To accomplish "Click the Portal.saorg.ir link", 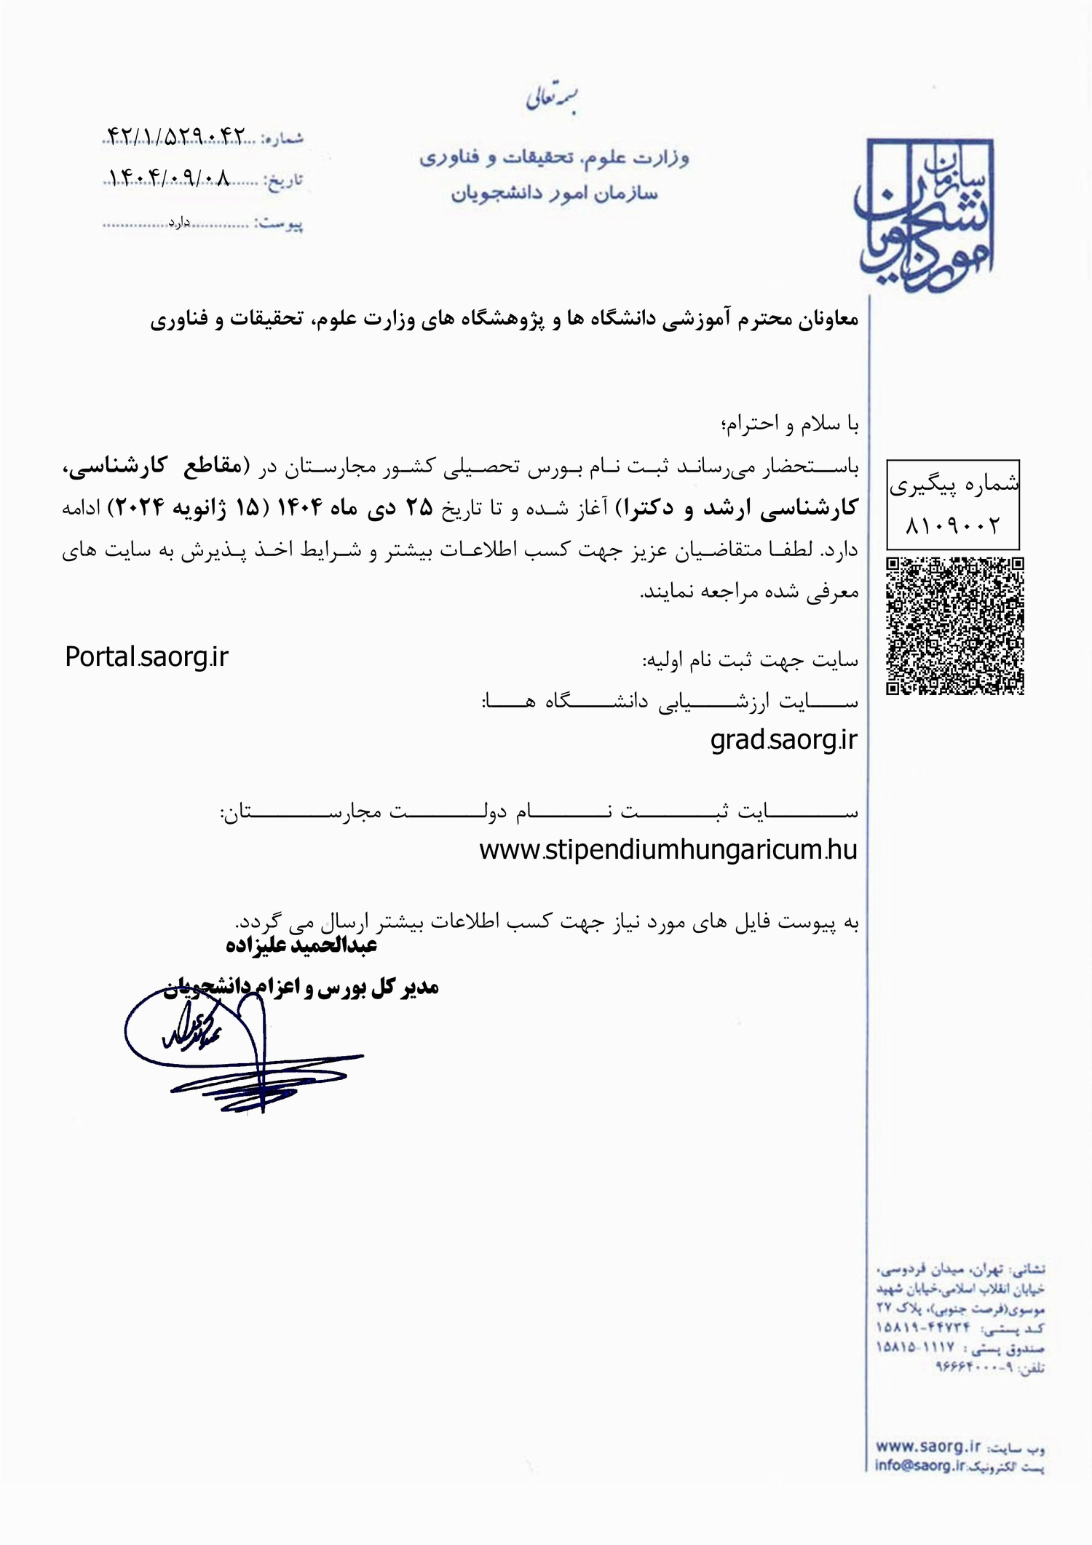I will [146, 657].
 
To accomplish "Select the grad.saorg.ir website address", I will [783, 740].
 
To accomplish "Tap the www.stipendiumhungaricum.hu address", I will [668, 849].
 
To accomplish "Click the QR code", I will [954, 625].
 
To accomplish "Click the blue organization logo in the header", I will [925, 217].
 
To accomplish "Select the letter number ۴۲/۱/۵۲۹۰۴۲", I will [176, 136].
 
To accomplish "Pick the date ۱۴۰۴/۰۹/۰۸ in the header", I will [169, 178].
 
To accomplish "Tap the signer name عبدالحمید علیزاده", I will [301, 945].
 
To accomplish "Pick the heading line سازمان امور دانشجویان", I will [554, 194].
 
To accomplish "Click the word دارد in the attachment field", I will [179, 222].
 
